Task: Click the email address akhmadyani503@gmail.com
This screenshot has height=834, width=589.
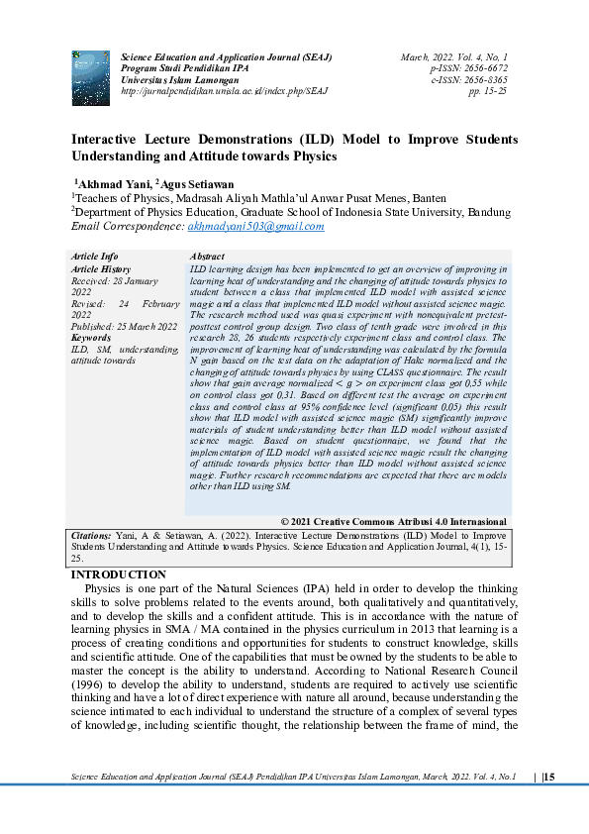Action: point(255,227)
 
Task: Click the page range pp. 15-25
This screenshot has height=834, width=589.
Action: point(487,90)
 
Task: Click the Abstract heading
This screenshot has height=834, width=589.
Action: point(206,257)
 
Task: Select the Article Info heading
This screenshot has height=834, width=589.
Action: point(95,257)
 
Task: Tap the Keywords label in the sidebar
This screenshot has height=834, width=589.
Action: point(91,338)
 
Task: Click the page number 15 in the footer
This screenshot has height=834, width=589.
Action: point(549,776)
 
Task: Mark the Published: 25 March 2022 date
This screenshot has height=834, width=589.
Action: point(125,327)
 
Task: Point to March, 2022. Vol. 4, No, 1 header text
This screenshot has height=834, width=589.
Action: point(454,57)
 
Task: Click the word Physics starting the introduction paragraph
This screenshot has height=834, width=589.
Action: point(106,589)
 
